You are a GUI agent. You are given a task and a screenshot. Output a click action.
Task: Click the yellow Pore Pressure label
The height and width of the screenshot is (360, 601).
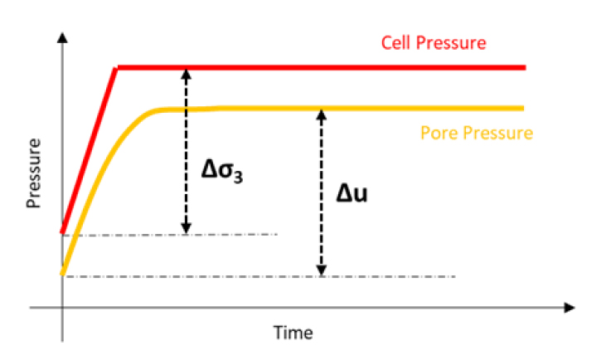click(x=477, y=132)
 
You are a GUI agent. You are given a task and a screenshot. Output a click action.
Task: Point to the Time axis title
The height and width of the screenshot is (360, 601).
click(x=293, y=333)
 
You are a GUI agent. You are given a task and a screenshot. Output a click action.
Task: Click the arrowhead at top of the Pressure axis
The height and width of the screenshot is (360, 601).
click(x=62, y=36)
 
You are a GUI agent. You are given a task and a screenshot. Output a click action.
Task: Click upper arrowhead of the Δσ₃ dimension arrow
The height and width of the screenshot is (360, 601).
click(x=187, y=73)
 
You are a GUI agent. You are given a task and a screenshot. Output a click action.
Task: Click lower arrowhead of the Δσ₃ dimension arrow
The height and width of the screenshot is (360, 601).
click(x=187, y=228)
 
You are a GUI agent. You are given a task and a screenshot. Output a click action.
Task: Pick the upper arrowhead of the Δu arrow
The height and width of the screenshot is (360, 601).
click(x=321, y=114)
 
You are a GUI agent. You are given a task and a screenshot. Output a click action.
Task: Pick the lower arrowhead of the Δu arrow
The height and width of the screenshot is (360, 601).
click(x=321, y=270)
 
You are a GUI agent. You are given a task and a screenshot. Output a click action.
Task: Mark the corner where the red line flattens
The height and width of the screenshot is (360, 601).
click(x=118, y=66)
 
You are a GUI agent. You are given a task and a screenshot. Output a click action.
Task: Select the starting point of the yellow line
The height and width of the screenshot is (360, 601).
click(x=62, y=272)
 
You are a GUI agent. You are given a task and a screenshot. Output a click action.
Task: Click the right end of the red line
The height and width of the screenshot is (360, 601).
click(x=525, y=66)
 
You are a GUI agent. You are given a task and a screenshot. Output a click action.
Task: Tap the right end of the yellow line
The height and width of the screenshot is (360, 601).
click(x=524, y=108)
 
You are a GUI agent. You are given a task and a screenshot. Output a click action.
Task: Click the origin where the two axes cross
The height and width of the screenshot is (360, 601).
click(x=62, y=308)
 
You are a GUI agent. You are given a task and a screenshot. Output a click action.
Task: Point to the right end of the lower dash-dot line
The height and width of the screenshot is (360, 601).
click(x=455, y=276)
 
